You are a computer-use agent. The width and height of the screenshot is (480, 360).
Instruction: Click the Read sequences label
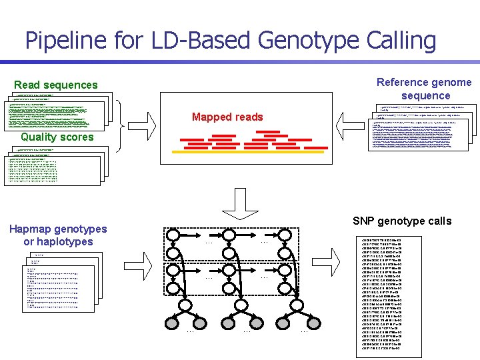pos(56,85)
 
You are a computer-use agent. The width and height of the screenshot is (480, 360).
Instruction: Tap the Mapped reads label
pos(227,117)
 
